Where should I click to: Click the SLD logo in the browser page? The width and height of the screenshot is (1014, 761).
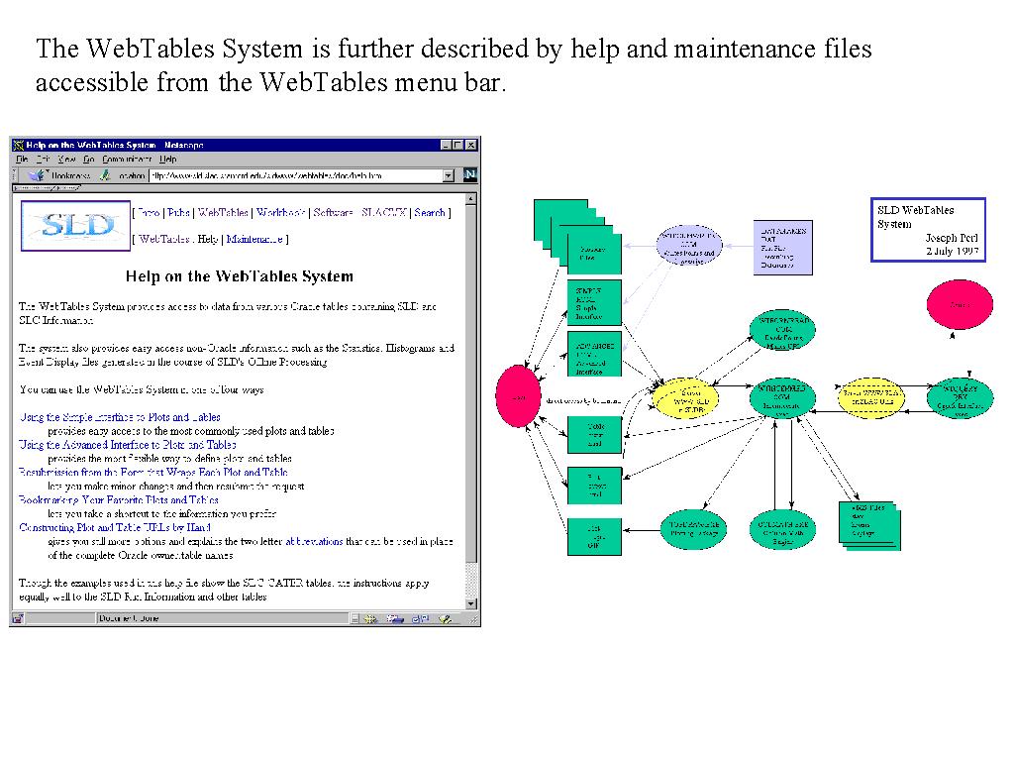point(75,226)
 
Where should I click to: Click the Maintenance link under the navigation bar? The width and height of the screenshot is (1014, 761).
point(255,239)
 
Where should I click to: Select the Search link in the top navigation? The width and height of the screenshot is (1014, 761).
point(430,212)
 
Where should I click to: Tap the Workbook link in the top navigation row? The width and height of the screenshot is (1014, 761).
point(280,212)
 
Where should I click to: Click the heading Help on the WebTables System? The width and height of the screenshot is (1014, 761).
point(240,276)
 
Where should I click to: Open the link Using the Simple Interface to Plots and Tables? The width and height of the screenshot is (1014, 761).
point(120,417)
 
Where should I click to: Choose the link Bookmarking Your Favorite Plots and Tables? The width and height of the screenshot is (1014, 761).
point(119,500)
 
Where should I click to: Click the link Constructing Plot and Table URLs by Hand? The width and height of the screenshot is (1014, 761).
point(115,528)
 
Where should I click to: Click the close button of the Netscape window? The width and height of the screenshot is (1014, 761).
point(470,145)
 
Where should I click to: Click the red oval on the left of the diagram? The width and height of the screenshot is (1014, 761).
point(516,396)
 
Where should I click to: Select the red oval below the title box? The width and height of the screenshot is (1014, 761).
point(959,304)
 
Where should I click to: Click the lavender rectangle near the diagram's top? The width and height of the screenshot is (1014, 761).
point(782,247)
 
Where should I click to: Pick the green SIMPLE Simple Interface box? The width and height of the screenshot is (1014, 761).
point(594,303)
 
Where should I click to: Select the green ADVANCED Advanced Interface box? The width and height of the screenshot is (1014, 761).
point(594,355)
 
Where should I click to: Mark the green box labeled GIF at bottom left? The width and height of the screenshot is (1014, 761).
point(594,536)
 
